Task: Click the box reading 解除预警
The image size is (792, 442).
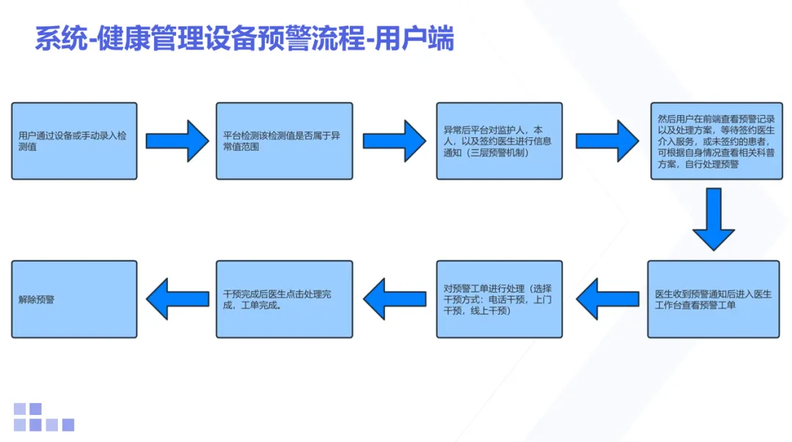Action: coord(74,299)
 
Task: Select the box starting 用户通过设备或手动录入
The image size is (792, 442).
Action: coord(74,141)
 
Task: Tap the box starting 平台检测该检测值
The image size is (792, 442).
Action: coord(284,141)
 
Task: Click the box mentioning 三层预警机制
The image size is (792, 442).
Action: coord(499,141)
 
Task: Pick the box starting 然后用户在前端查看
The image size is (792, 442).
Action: coord(715,141)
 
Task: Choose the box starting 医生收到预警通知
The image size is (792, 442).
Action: coord(714,299)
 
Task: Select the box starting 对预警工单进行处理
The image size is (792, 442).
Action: coord(499,299)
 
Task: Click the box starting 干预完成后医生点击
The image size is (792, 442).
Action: coord(284,299)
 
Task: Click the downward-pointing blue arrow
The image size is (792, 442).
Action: coord(714,220)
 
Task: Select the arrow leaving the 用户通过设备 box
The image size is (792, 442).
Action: coord(177,141)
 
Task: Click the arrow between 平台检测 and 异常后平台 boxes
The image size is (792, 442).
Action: coord(394,141)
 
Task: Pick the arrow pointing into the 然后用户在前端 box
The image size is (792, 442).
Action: coord(606,141)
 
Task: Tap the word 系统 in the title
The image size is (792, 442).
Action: coord(55,39)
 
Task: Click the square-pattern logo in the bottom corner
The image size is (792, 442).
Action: coord(43,417)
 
